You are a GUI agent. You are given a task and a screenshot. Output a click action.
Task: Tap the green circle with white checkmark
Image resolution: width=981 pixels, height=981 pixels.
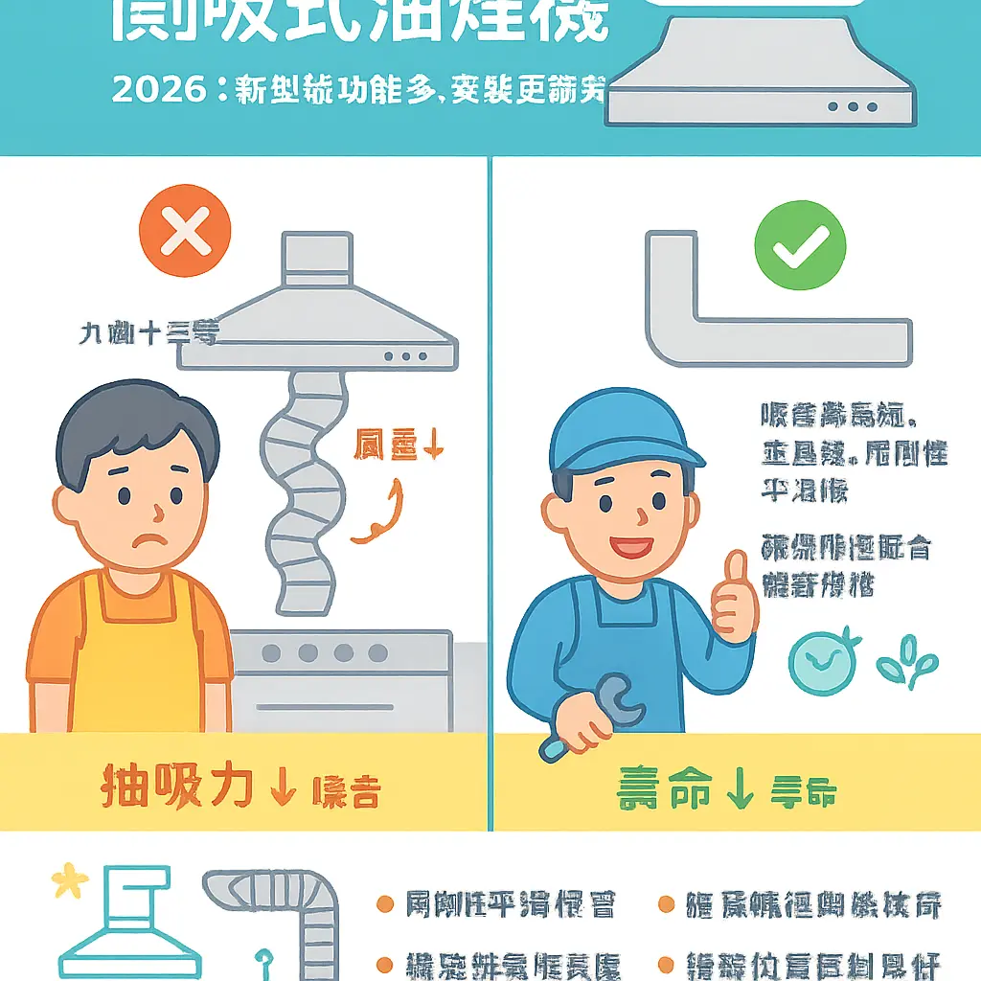(x=800, y=245)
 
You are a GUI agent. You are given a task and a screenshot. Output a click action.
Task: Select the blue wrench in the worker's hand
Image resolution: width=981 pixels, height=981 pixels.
(x=592, y=715)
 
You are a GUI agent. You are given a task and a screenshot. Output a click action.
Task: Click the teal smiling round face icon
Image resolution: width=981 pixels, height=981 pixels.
(x=819, y=661)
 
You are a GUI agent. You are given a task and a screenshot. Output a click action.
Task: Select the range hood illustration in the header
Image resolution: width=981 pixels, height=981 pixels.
(x=761, y=77)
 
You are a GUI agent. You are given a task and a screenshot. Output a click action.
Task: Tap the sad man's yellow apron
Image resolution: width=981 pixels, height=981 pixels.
(x=140, y=661)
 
